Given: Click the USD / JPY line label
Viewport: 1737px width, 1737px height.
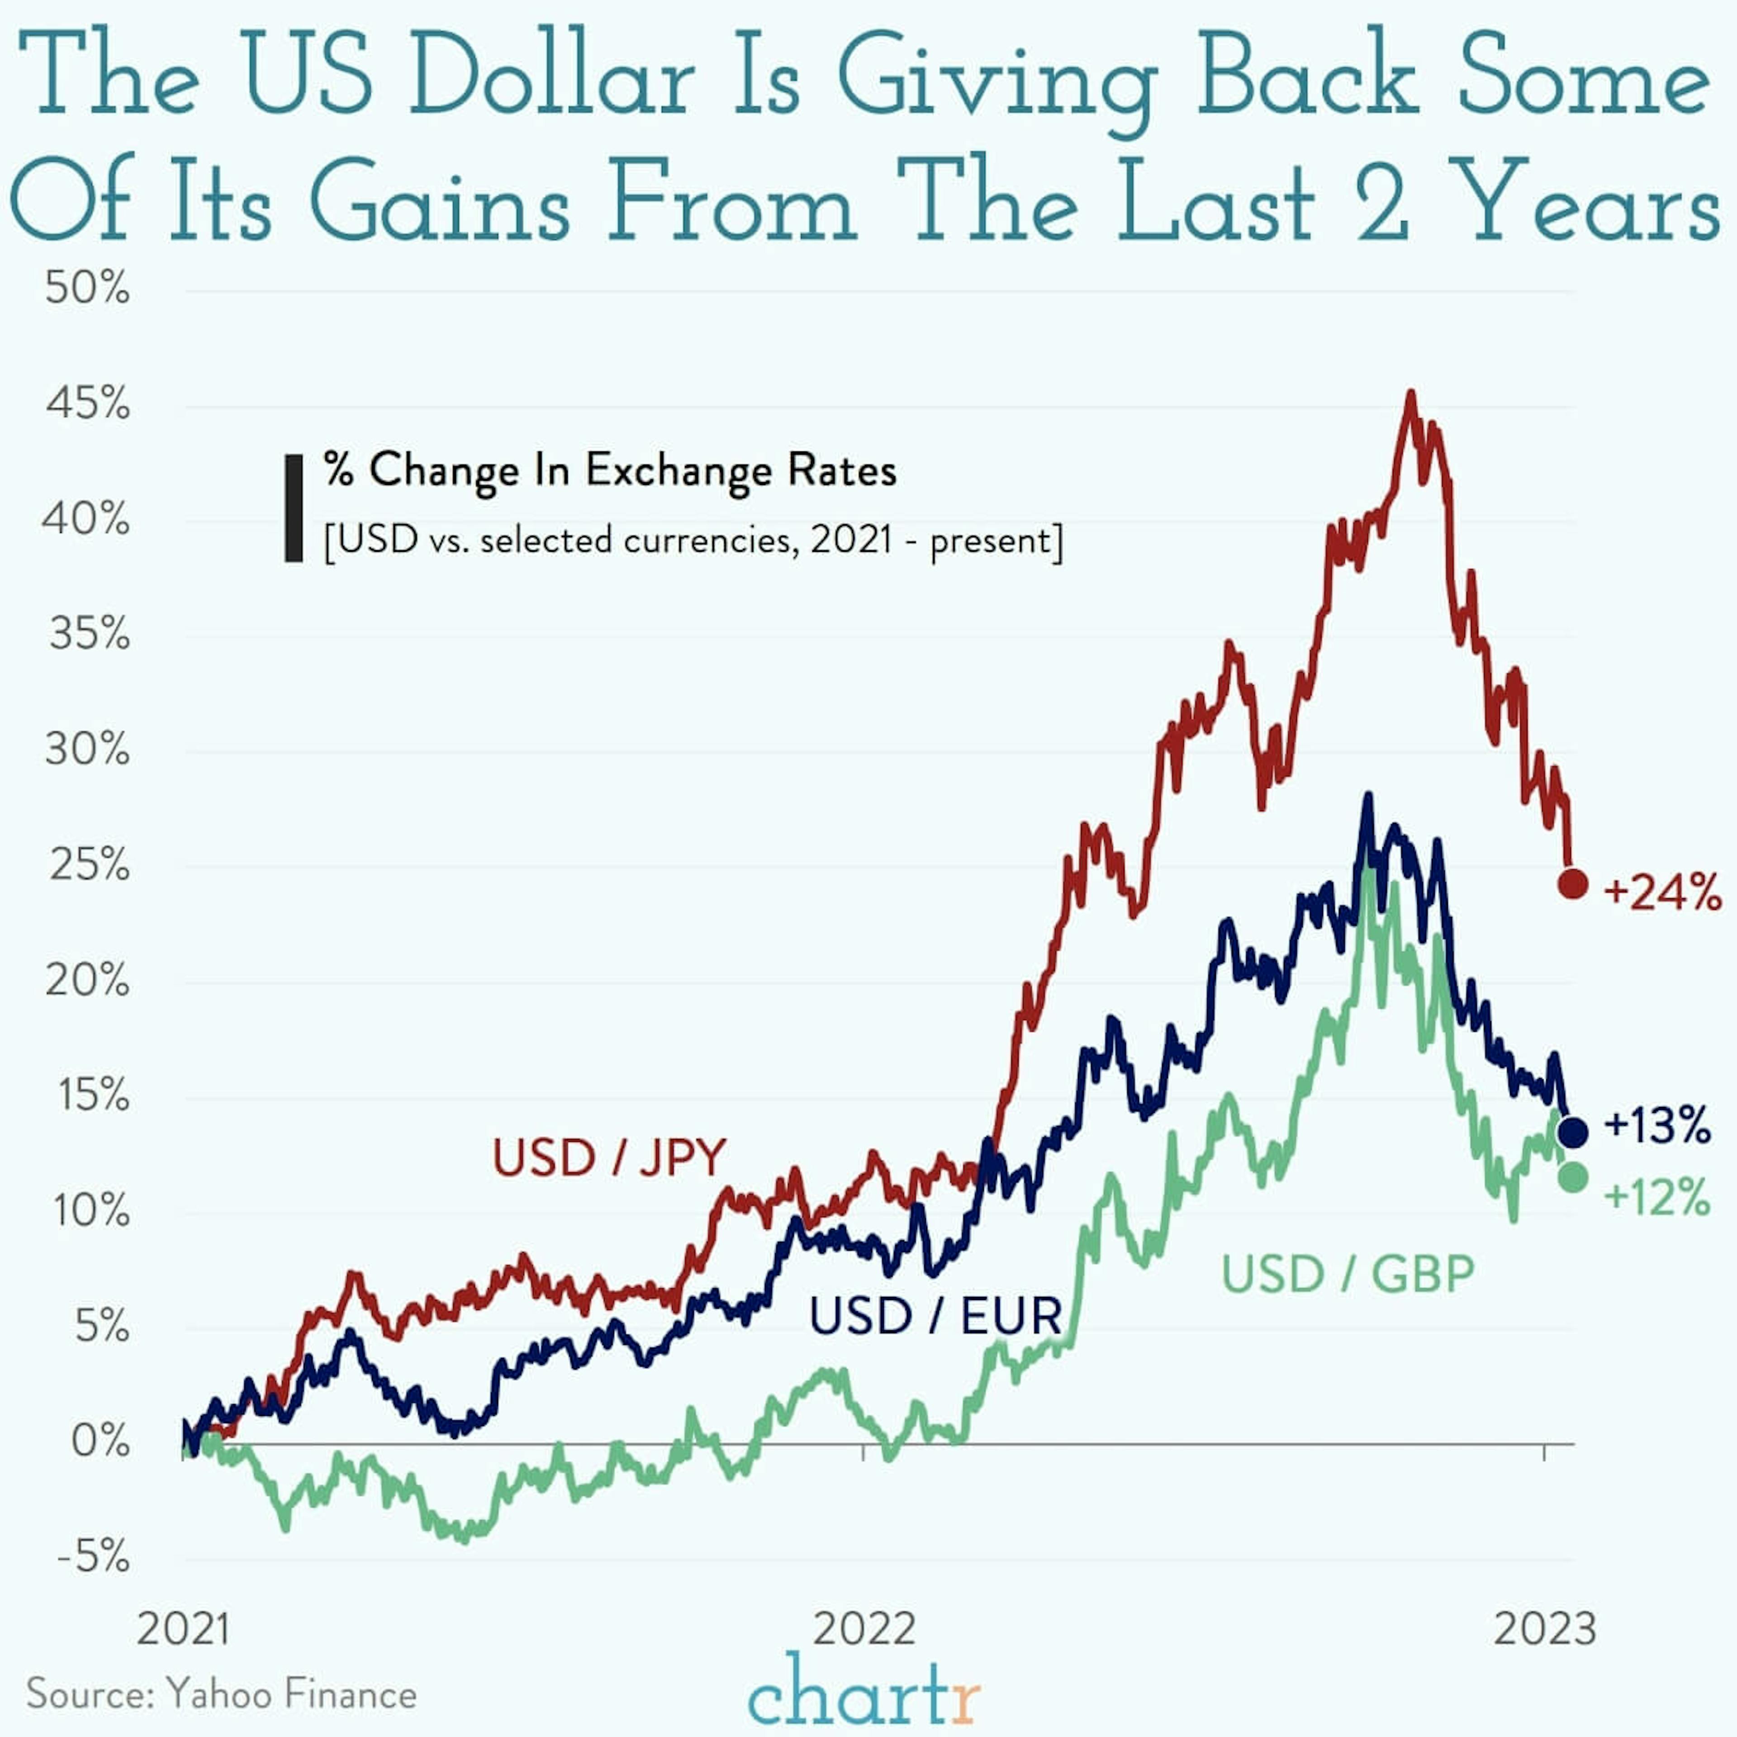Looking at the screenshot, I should pos(609,1157).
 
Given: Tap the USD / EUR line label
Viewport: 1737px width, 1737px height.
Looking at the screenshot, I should pos(935,1316).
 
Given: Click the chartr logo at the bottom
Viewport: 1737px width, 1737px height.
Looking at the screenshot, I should pos(863,1694).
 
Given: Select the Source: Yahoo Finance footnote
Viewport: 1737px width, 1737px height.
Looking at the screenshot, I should pos(221,1695).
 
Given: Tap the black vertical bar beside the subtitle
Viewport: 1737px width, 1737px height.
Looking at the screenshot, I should pos(293,508).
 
